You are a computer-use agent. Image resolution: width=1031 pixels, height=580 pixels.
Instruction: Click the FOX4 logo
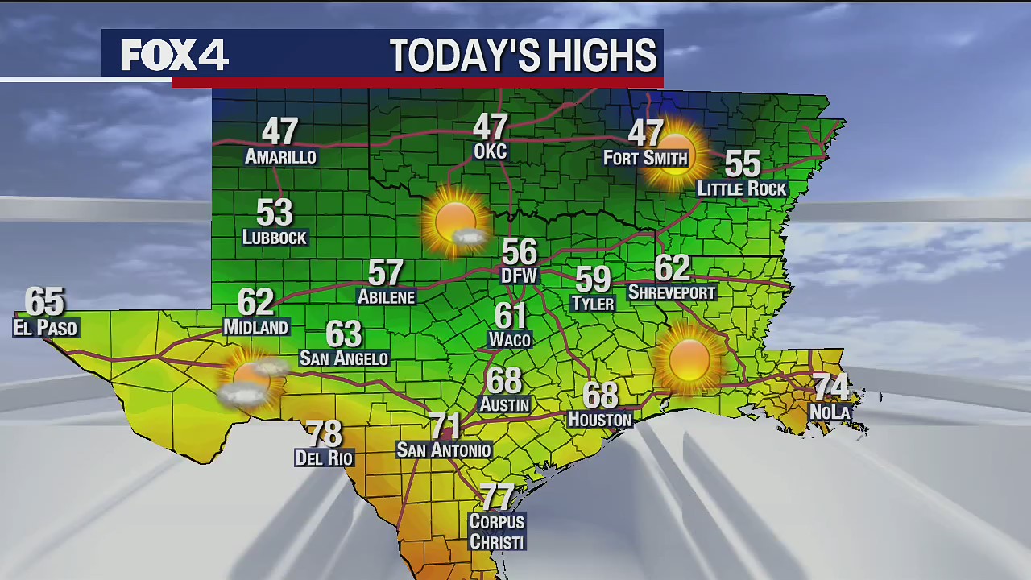pyautogui.click(x=175, y=56)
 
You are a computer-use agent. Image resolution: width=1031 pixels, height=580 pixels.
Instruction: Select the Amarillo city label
pyautogui.click(x=280, y=156)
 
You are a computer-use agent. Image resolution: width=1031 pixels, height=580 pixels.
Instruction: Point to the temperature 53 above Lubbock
pyautogui.click(x=274, y=213)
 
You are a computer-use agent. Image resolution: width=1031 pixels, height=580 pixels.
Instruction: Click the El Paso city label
pyautogui.click(x=45, y=327)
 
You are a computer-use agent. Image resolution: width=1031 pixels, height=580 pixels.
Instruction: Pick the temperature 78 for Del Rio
pyautogui.click(x=324, y=434)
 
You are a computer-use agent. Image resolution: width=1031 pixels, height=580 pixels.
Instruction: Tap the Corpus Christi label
pyautogui.click(x=497, y=532)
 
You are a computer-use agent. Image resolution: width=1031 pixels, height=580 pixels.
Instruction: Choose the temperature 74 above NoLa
pyautogui.click(x=830, y=387)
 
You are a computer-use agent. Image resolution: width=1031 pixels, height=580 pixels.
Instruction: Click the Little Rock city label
pyautogui.click(x=741, y=188)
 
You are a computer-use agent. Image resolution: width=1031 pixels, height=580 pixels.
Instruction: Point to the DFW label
pyautogui.click(x=519, y=275)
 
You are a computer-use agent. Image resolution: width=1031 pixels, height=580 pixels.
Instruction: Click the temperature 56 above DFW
pyautogui.click(x=519, y=253)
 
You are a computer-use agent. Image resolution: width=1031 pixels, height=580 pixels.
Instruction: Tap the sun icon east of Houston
pyautogui.click(x=689, y=359)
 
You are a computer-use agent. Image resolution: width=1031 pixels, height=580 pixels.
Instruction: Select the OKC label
pyautogui.click(x=490, y=151)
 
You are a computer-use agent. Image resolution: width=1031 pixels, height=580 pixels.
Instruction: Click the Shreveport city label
pyautogui.click(x=671, y=292)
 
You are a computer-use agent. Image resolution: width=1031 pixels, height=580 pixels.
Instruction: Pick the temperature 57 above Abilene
pyautogui.click(x=385, y=273)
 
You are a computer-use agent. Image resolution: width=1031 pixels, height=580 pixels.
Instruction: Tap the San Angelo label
pyautogui.click(x=344, y=358)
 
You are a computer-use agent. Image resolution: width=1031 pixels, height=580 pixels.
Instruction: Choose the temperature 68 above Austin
pyautogui.click(x=504, y=380)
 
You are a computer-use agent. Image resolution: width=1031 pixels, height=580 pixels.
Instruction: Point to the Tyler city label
pyautogui.click(x=592, y=303)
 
